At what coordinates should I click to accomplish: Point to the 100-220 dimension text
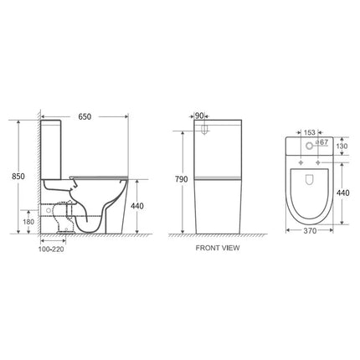[53, 250]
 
